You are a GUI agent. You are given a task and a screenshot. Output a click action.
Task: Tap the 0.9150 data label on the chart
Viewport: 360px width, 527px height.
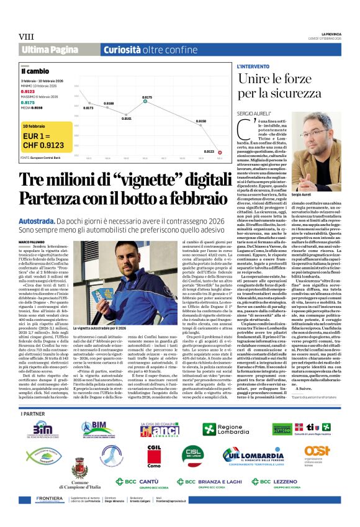coord(200,121)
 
